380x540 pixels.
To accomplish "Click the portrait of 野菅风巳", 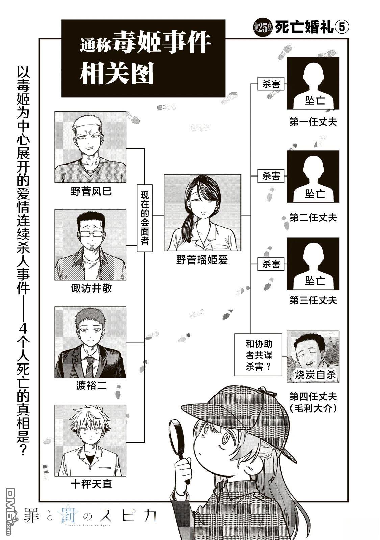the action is click(x=90, y=147).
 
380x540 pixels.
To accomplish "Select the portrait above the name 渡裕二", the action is click(x=90, y=342).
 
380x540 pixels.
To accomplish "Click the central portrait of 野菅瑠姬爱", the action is click(x=202, y=213).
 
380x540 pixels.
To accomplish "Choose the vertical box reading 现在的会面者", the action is click(x=145, y=218).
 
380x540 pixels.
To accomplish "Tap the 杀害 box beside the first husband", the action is click(x=271, y=84).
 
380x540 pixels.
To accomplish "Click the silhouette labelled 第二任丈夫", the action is click(x=313, y=176).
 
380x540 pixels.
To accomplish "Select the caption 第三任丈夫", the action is click(x=313, y=300).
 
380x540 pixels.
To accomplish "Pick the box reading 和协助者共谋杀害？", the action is click(x=258, y=355).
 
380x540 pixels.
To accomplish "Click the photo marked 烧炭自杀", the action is click(x=313, y=357).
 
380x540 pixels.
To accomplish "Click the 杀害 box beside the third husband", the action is click(x=271, y=264).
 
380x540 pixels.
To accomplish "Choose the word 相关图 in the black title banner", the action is click(x=117, y=74).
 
